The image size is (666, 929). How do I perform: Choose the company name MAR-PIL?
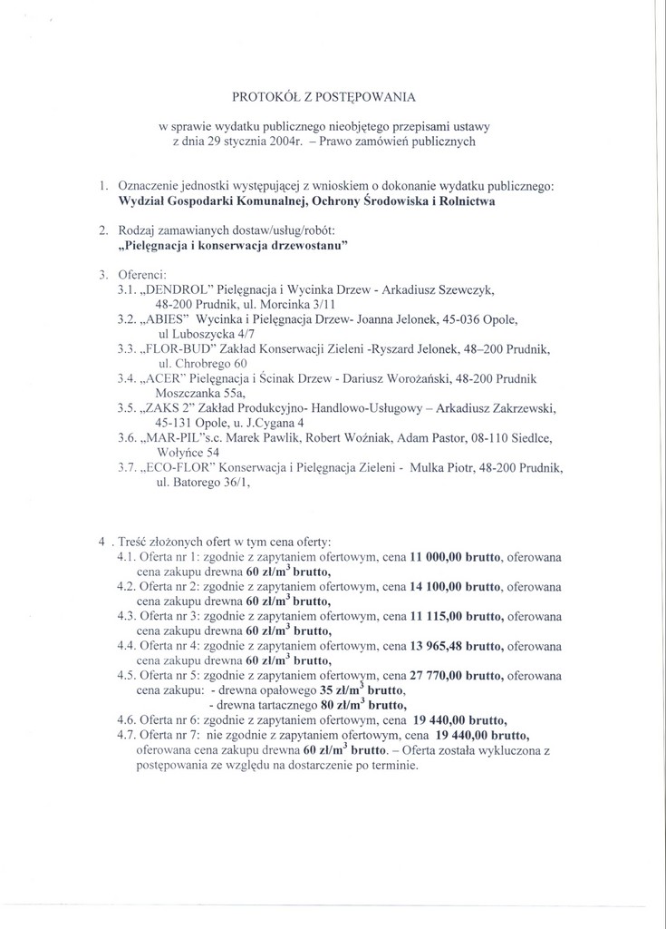click(171, 438)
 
